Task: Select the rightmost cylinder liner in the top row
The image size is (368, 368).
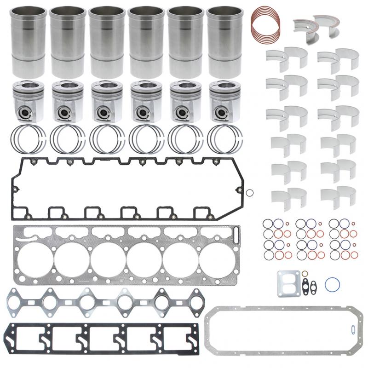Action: [224, 41]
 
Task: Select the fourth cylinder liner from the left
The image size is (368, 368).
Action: [146, 41]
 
